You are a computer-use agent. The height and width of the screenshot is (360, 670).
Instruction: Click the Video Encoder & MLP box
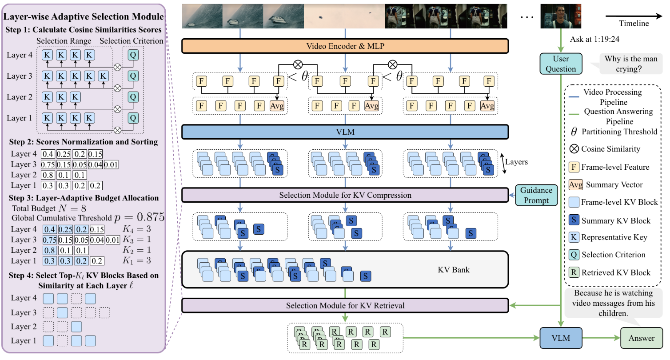344,46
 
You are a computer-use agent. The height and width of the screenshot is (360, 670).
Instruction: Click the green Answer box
642,338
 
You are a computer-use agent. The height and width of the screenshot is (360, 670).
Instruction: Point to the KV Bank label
453,270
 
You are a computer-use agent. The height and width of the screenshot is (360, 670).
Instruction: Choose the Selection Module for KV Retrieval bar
344,305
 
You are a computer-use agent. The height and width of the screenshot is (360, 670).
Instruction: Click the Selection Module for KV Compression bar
344,195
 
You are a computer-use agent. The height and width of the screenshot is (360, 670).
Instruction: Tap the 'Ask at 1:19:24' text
595,39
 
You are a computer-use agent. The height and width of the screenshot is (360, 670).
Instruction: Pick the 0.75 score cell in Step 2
48,165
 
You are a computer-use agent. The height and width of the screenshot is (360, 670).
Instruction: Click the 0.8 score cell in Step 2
48,175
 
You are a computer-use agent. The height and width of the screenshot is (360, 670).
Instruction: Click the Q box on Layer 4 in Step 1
132,55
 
